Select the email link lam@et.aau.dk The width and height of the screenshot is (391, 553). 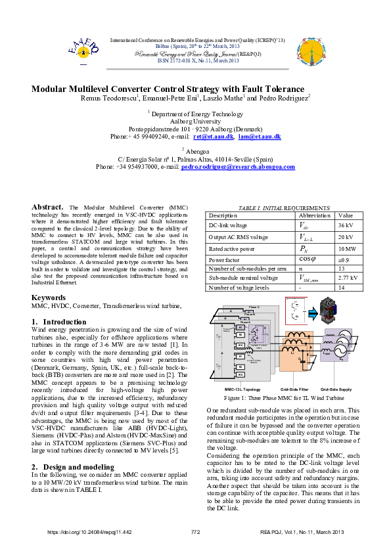260,137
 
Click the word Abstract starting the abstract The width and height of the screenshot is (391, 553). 47,207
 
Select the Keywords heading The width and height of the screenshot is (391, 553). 49,298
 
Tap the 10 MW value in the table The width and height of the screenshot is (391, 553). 348,249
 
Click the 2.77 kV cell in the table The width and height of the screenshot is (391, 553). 348,278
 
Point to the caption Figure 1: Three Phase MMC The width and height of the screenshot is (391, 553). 284,398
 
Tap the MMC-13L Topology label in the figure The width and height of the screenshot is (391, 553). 238,389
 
